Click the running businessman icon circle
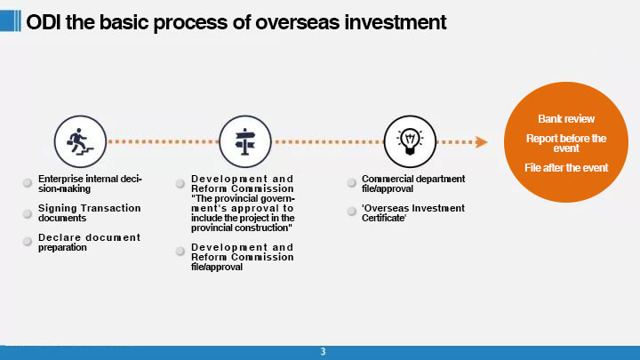point(80,141)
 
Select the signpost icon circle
point(245,141)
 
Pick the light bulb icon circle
point(410,141)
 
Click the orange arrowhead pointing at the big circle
point(482,142)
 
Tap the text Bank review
point(566,119)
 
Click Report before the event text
point(566,143)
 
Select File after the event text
point(566,168)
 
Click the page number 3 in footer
point(323,351)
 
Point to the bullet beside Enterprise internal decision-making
point(28,182)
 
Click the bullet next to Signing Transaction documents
point(28,213)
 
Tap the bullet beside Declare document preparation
point(28,241)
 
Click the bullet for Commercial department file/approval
point(351,182)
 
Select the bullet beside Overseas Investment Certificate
point(351,211)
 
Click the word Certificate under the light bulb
point(384,218)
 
